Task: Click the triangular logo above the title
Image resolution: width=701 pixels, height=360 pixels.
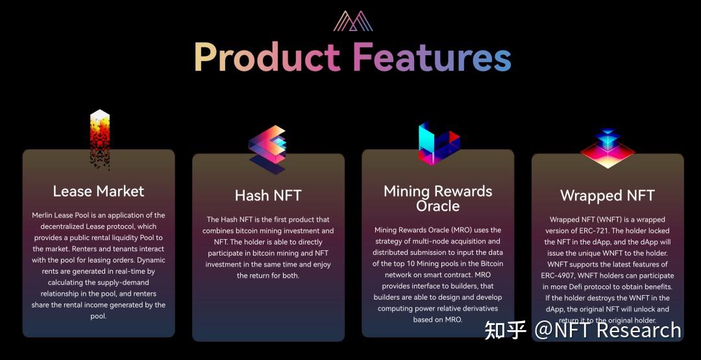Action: pos(353,21)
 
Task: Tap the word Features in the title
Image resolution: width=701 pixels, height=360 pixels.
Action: pos(432,57)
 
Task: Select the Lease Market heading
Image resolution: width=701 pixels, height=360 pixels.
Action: pos(99,191)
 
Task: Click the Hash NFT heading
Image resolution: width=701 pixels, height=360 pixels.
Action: pos(268,195)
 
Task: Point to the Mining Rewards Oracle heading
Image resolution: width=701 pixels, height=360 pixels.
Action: pos(438,198)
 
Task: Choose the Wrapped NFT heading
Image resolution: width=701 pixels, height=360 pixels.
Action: pos(607,195)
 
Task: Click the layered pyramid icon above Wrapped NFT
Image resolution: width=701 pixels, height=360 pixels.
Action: pos(607,149)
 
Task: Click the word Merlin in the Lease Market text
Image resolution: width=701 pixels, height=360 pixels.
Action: pos(43,215)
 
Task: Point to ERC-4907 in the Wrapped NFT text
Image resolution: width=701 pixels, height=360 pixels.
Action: pos(561,276)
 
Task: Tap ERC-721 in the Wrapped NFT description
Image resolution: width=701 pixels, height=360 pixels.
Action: pos(623,230)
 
